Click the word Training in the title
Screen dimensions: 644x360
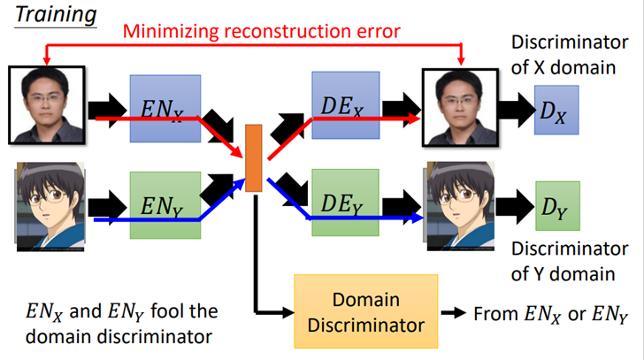(56, 14)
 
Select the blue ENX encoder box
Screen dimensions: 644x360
(165, 109)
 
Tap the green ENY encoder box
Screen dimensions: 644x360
(165, 205)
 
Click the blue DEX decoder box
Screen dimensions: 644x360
(345, 105)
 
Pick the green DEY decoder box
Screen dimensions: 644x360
(345, 203)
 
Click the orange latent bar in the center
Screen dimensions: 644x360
(253, 158)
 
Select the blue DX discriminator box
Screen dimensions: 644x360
(556, 110)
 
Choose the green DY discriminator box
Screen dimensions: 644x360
(557, 206)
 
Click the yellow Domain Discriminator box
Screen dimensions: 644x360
(366, 311)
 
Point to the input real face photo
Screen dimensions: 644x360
(47, 105)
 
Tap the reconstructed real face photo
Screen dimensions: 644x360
(460, 108)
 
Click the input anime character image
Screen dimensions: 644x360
(50, 206)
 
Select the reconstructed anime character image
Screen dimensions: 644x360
(459, 206)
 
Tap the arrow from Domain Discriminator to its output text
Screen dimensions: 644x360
(454, 313)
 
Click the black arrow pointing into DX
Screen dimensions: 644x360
(517, 110)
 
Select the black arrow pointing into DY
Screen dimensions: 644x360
(516, 206)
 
